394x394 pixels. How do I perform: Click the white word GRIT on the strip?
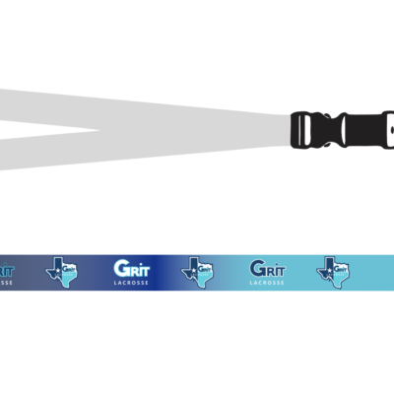pyautogui.click(x=132, y=269)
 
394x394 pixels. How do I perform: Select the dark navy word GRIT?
pyautogui.click(x=267, y=269)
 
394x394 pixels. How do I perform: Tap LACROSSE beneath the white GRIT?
pyautogui.click(x=131, y=283)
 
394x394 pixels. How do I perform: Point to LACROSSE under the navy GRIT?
pyautogui.click(x=267, y=283)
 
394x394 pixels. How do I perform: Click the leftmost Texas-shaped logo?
pyautogui.click(x=62, y=272)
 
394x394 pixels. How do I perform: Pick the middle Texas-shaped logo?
pyautogui.click(x=197, y=272)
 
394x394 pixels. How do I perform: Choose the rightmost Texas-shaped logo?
pyautogui.click(x=333, y=272)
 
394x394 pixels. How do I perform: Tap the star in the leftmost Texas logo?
pyautogui.click(x=58, y=270)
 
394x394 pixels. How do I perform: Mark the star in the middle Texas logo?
pyautogui.click(x=193, y=270)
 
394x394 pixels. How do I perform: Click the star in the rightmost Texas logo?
pyautogui.click(x=329, y=270)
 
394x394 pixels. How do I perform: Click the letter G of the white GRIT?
pyautogui.click(x=120, y=269)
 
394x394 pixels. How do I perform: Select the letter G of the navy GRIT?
pyautogui.click(x=256, y=269)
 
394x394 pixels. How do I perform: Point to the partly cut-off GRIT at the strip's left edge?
pyautogui.click(x=7, y=271)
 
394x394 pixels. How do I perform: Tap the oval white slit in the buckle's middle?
pyautogui.click(x=343, y=130)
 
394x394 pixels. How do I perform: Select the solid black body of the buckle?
pyautogui.click(x=362, y=130)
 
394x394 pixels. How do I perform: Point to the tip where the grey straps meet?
pyautogui.click(x=100, y=130)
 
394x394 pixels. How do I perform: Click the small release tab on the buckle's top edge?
pyautogui.click(x=327, y=115)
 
